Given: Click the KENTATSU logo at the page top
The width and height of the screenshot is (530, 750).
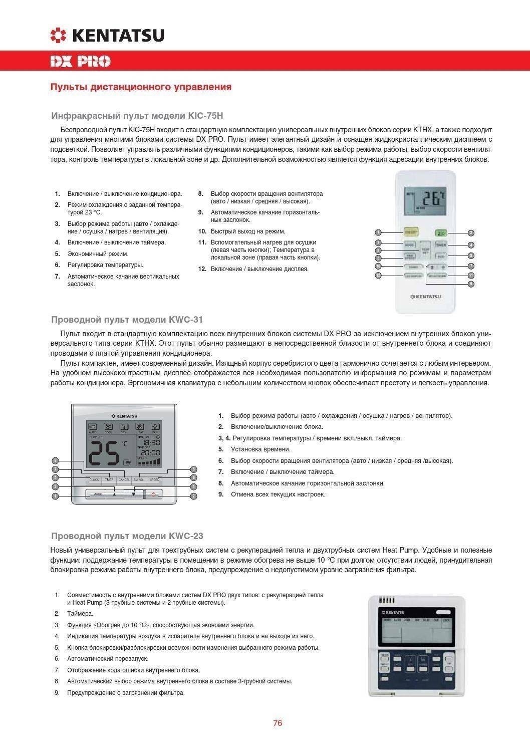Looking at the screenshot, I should pos(107,35).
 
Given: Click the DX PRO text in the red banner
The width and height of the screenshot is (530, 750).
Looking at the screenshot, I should pos(80,62).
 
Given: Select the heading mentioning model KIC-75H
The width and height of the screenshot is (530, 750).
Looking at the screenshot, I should pos(137,116).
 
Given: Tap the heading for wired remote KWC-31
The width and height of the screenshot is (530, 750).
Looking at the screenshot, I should pos(127,320).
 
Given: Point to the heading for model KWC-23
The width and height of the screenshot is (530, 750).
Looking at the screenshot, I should pos(127,536).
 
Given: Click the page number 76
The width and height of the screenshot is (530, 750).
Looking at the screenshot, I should pos(278,723).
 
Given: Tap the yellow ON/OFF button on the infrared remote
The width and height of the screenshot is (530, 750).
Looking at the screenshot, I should pos(411,232).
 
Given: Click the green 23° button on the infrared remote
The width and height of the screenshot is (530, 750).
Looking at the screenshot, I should pos(440,233).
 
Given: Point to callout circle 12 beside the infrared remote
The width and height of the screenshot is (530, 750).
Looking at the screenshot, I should pos(378,276).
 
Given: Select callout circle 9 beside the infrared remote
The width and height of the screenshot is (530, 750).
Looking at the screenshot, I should pos(471,284).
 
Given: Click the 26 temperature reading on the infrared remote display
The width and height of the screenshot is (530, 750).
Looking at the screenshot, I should pos(432,198).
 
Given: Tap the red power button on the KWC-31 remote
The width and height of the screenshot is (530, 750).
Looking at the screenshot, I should pos(154,494).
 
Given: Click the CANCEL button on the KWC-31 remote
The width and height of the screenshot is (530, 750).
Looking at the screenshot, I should pos(124,479).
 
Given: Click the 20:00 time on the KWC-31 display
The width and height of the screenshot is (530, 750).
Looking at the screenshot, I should pos(150,452).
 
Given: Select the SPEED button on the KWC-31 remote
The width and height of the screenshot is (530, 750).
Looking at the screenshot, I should pos(155,479).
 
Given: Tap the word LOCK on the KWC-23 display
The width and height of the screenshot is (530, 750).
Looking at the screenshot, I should pos(446,620).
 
